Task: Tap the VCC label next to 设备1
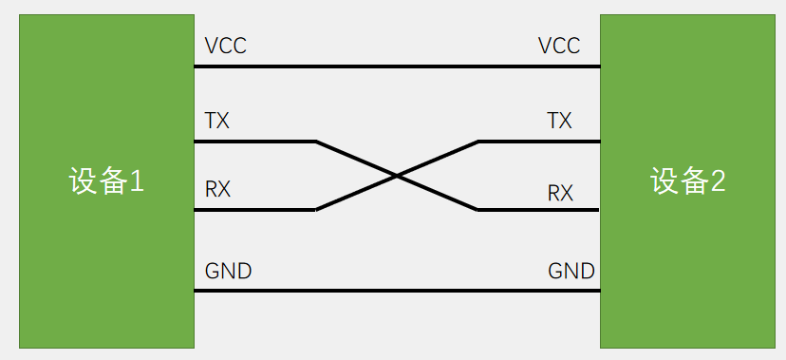coord(226,46)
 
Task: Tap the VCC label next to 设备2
coord(559,46)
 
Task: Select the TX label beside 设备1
coord(217,122)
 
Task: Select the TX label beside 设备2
coord(560,122)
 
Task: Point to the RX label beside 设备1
coord(218,189)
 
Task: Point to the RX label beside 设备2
coord(560,193)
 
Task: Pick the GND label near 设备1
coord(229,271)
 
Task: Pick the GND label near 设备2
coord(571,271)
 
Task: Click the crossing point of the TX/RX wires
coord(397,176)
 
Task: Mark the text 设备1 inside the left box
coord(106,180)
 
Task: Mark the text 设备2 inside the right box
coord(688,180)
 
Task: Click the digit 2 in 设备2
coord(718,181)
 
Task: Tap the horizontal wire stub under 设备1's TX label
coord(254,142)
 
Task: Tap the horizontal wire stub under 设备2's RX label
coord(537,209)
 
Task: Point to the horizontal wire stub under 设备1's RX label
coord(254,210)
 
